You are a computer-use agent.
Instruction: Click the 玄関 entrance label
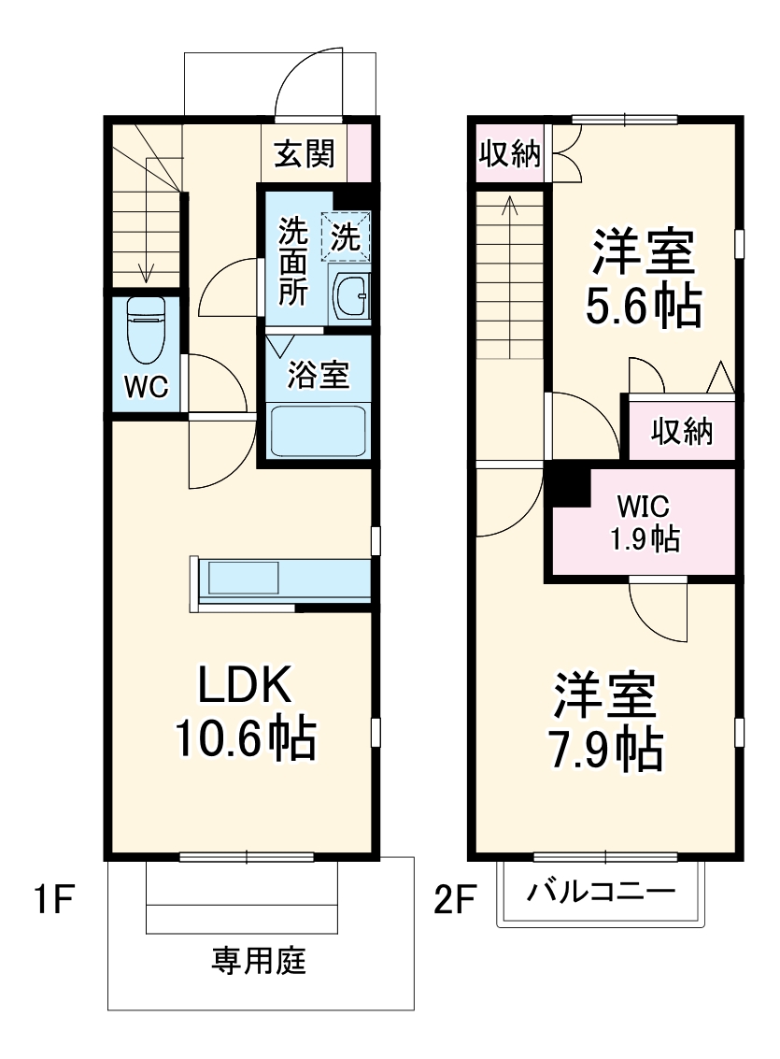(x=304, y=153)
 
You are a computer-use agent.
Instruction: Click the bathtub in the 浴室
(x=317, y=430)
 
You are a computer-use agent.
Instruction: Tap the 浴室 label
(x=318, y=375)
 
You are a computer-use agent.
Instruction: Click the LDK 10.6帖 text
(x=245, y=711)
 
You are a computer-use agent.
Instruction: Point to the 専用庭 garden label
(x=259, y=961)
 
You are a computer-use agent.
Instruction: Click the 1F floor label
(x=46, y=902)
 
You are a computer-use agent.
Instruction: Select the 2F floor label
(x=454, y=902)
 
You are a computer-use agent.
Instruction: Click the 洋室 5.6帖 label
(x=642, y=278)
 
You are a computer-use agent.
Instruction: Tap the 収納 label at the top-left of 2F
(x=509, y=154)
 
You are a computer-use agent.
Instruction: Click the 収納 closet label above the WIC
(x=682, y=431)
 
